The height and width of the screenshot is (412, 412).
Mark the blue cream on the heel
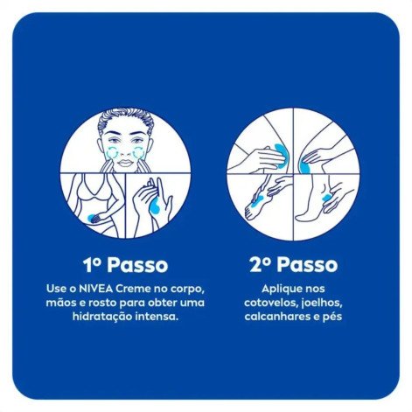[x=329, y=204]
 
